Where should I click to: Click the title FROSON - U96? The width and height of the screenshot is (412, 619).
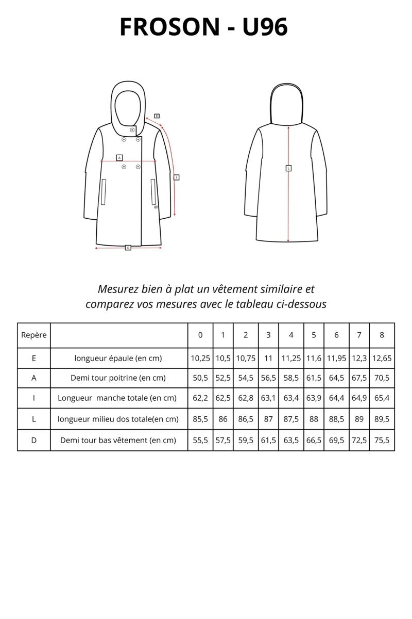(x=203, y=27)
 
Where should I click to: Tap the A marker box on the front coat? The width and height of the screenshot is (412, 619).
(x=119, y=157)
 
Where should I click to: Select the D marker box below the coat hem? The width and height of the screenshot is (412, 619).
(x=128, y=248)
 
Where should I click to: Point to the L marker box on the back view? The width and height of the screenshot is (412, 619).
(x=288, y=168)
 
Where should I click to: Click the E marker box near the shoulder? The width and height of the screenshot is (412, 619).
(x=157, y=116)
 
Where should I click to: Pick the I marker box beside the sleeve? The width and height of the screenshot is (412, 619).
(x=177, y=177)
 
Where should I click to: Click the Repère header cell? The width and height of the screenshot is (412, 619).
(x=34, y=335)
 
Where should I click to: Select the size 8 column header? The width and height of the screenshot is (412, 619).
(x=382, y=335)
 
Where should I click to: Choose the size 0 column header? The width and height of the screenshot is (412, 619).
(x=200, y=335)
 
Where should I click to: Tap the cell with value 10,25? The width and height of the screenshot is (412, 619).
(x=200, y=358)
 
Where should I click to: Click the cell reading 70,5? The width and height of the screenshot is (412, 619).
(x=382, y=378)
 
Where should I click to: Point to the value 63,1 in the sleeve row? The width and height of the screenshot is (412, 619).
(x=268, y=398)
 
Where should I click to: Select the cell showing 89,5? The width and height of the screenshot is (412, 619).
(x=382, y=419)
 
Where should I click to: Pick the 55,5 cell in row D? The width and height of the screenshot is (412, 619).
(x=200, y=440)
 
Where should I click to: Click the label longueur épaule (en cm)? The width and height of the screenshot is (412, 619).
(x=118, y=358)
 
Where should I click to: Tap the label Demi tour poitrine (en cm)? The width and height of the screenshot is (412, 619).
(x=118, y=378)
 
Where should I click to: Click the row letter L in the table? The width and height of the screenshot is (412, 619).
(x=34, y=419)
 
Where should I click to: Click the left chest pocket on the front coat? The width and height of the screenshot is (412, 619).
(x=104, y=192)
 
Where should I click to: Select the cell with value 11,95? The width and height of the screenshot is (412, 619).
(x=336, y=358)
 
